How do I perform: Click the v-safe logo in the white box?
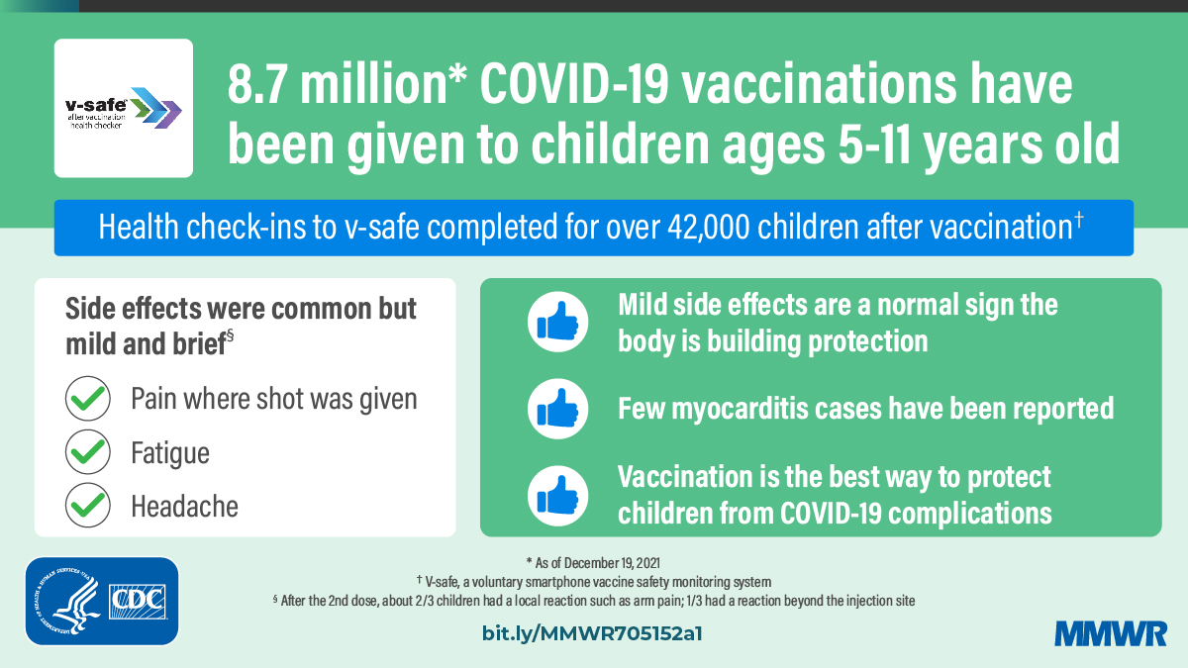[123, 108]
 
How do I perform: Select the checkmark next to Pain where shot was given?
[87, 399]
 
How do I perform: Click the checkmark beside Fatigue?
[87, 452]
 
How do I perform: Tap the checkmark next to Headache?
[87, 506]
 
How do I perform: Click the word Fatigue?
[170, 453]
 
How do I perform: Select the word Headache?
[184, 507]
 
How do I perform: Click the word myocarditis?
[742, 408]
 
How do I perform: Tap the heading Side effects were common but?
[241, 308]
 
